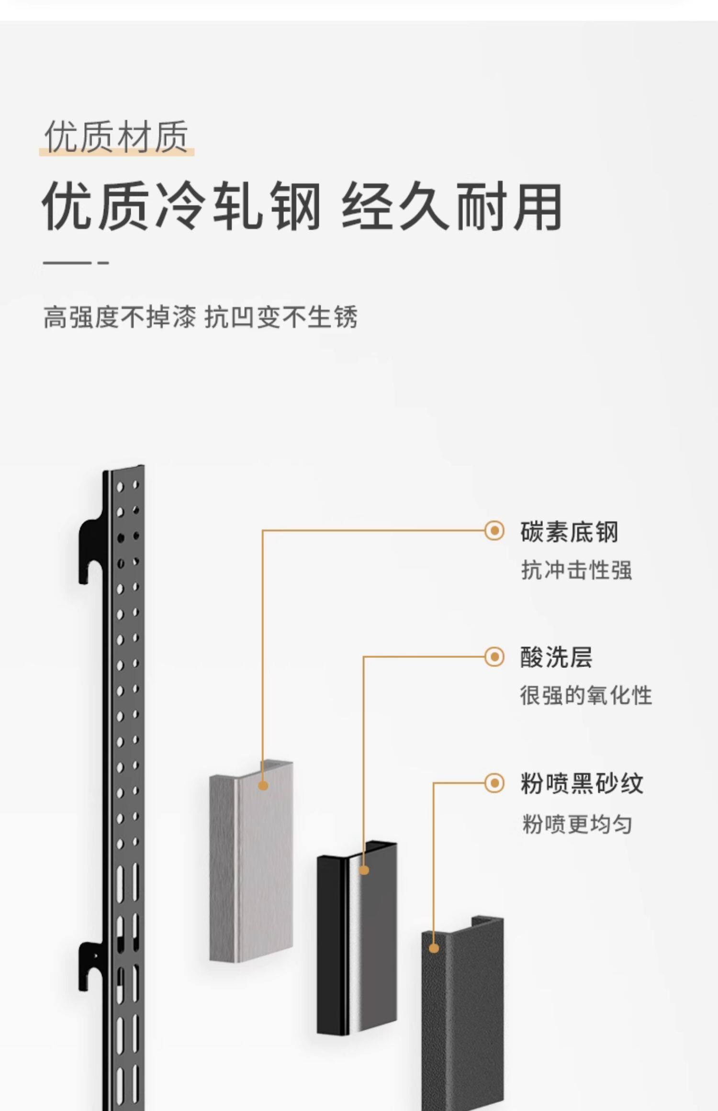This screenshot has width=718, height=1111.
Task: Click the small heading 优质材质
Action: coord(116,137)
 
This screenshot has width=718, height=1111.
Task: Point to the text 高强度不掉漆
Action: coord(120,317)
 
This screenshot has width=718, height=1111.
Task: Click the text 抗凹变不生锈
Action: coord(281,317)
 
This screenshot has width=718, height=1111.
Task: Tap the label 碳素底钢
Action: coord(569,532)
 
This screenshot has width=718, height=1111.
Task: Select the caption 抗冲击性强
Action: coord(576,570)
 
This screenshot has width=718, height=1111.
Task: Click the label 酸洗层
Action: coord(556,657)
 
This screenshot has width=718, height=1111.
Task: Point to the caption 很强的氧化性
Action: coord(586,695)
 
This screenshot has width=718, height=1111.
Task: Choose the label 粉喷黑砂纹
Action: coord(582,783)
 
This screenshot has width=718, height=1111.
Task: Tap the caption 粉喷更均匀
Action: coord(577,824)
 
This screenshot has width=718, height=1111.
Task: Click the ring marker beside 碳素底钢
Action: coord(494,531)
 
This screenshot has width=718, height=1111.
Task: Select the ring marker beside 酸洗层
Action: coord(494,656)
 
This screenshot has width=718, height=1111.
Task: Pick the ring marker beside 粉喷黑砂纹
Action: coord(494,783)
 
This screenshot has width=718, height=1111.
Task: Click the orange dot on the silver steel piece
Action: coord(263,785)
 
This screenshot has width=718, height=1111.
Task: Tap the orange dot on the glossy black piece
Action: coord(364,870)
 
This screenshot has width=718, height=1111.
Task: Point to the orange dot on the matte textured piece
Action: coord(434,948)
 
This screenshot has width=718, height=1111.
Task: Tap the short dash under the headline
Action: coord(104,263)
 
